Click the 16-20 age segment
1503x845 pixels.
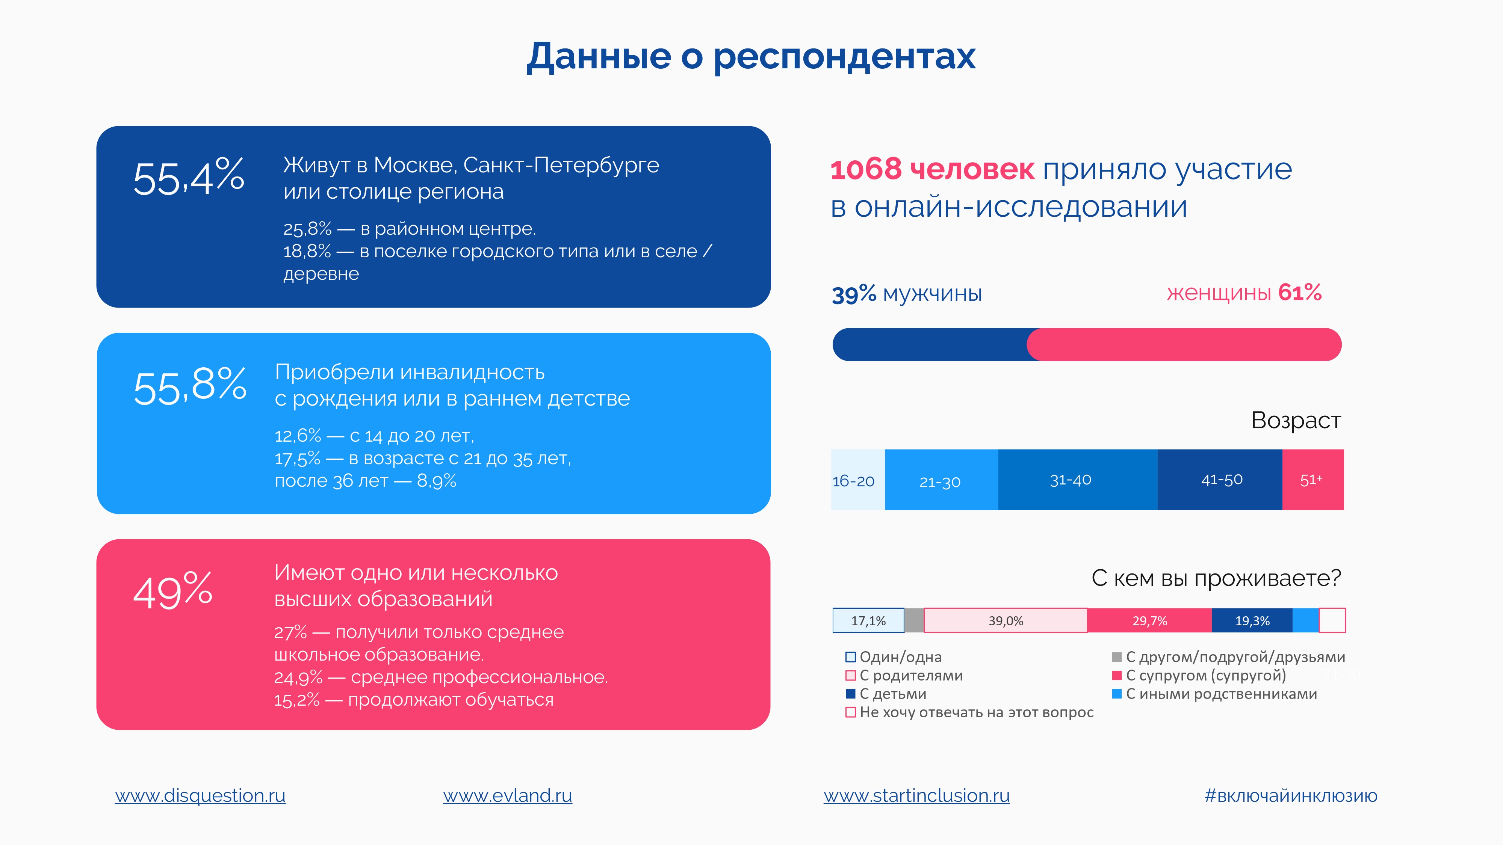pyautogui.click(x=858, y=479)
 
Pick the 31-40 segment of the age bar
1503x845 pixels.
pyautogui.click(x=1078, y=479)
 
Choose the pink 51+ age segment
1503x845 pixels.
pyautogui.click(x=1313, y=479)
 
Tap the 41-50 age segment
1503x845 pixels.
pyautogui.click(x=1220, y=479)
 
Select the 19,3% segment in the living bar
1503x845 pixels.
pyautogui.click(x=1252, y=620)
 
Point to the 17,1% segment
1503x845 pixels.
pyautogui.click(x=868, y=620)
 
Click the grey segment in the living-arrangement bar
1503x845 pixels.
pyautogui.click(x=914, y=620)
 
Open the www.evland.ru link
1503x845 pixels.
pyautogui.click(x=508, y=795)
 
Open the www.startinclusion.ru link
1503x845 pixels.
pyautogui.click(x=916, y=795)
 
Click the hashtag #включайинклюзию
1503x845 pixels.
pyautogui.click(x=1291, y=795)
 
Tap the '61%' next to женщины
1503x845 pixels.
pyautogui.click(x=1300, y=292)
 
